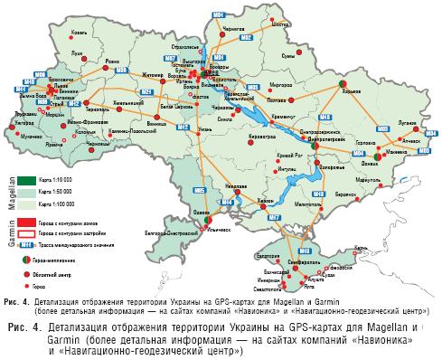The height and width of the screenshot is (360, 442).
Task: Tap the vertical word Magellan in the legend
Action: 10,193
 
